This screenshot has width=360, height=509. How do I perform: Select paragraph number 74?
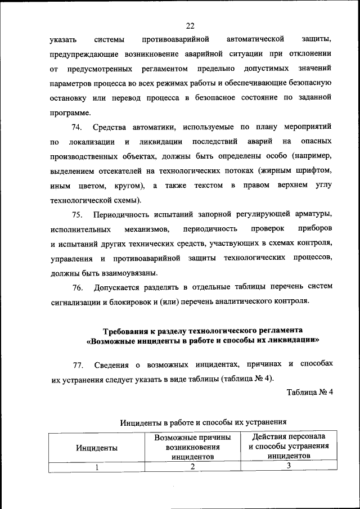(77, 128)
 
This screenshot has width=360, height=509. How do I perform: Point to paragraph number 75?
(77, 215)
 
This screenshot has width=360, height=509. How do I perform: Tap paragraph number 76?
(77, 288)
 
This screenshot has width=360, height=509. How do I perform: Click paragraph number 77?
(77, 366)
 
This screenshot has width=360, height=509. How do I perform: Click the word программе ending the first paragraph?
(70, 111)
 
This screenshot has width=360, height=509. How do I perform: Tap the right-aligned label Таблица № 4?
(310, 393)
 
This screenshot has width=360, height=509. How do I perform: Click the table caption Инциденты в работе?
(204, 420)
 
